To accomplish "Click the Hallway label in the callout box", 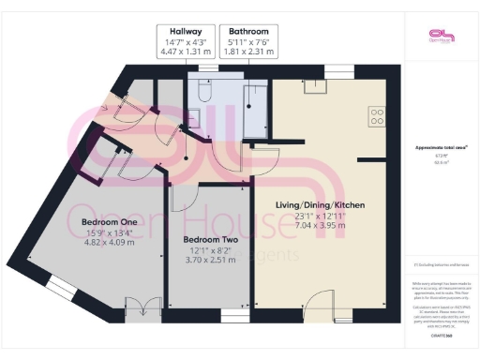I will [186, 30].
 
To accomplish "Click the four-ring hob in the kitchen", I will [377, 117].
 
